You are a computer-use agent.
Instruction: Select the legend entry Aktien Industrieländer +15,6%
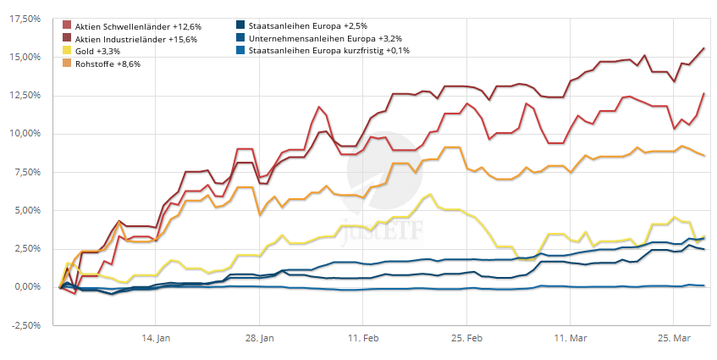pos(130,39)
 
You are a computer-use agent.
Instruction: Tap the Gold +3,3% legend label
pos(97,51)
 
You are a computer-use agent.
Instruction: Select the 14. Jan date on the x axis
pos(157,338)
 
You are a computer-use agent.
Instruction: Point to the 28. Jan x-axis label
pos(262,338)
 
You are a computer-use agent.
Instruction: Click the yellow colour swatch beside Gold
pos(67,51)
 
